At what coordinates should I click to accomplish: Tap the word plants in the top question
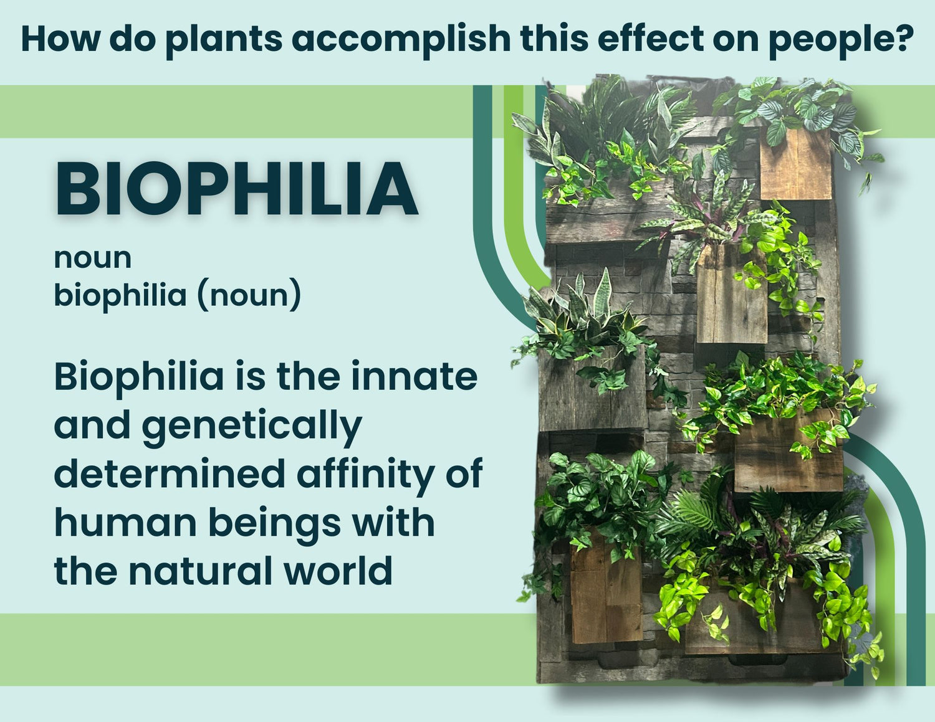[224, 39]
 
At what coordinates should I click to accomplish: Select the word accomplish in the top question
[401, 39]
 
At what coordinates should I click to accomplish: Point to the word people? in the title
[841, 39]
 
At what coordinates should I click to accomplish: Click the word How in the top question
[59, 39]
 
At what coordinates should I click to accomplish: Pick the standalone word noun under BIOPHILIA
[92, 258]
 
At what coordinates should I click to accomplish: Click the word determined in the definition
[169, 473]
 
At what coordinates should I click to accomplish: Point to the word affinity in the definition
[364, 473]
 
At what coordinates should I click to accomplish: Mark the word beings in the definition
[274, 523]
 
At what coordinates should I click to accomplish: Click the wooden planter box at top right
[795, 165]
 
